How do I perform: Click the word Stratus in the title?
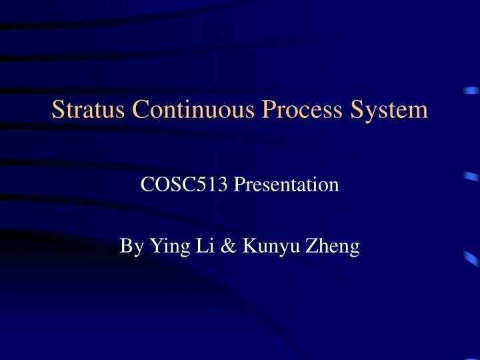(83, 109)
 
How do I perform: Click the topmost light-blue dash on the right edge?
(473, 92)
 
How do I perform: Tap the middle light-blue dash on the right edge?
(471, 177)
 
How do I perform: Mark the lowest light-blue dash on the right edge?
(471, 256)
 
